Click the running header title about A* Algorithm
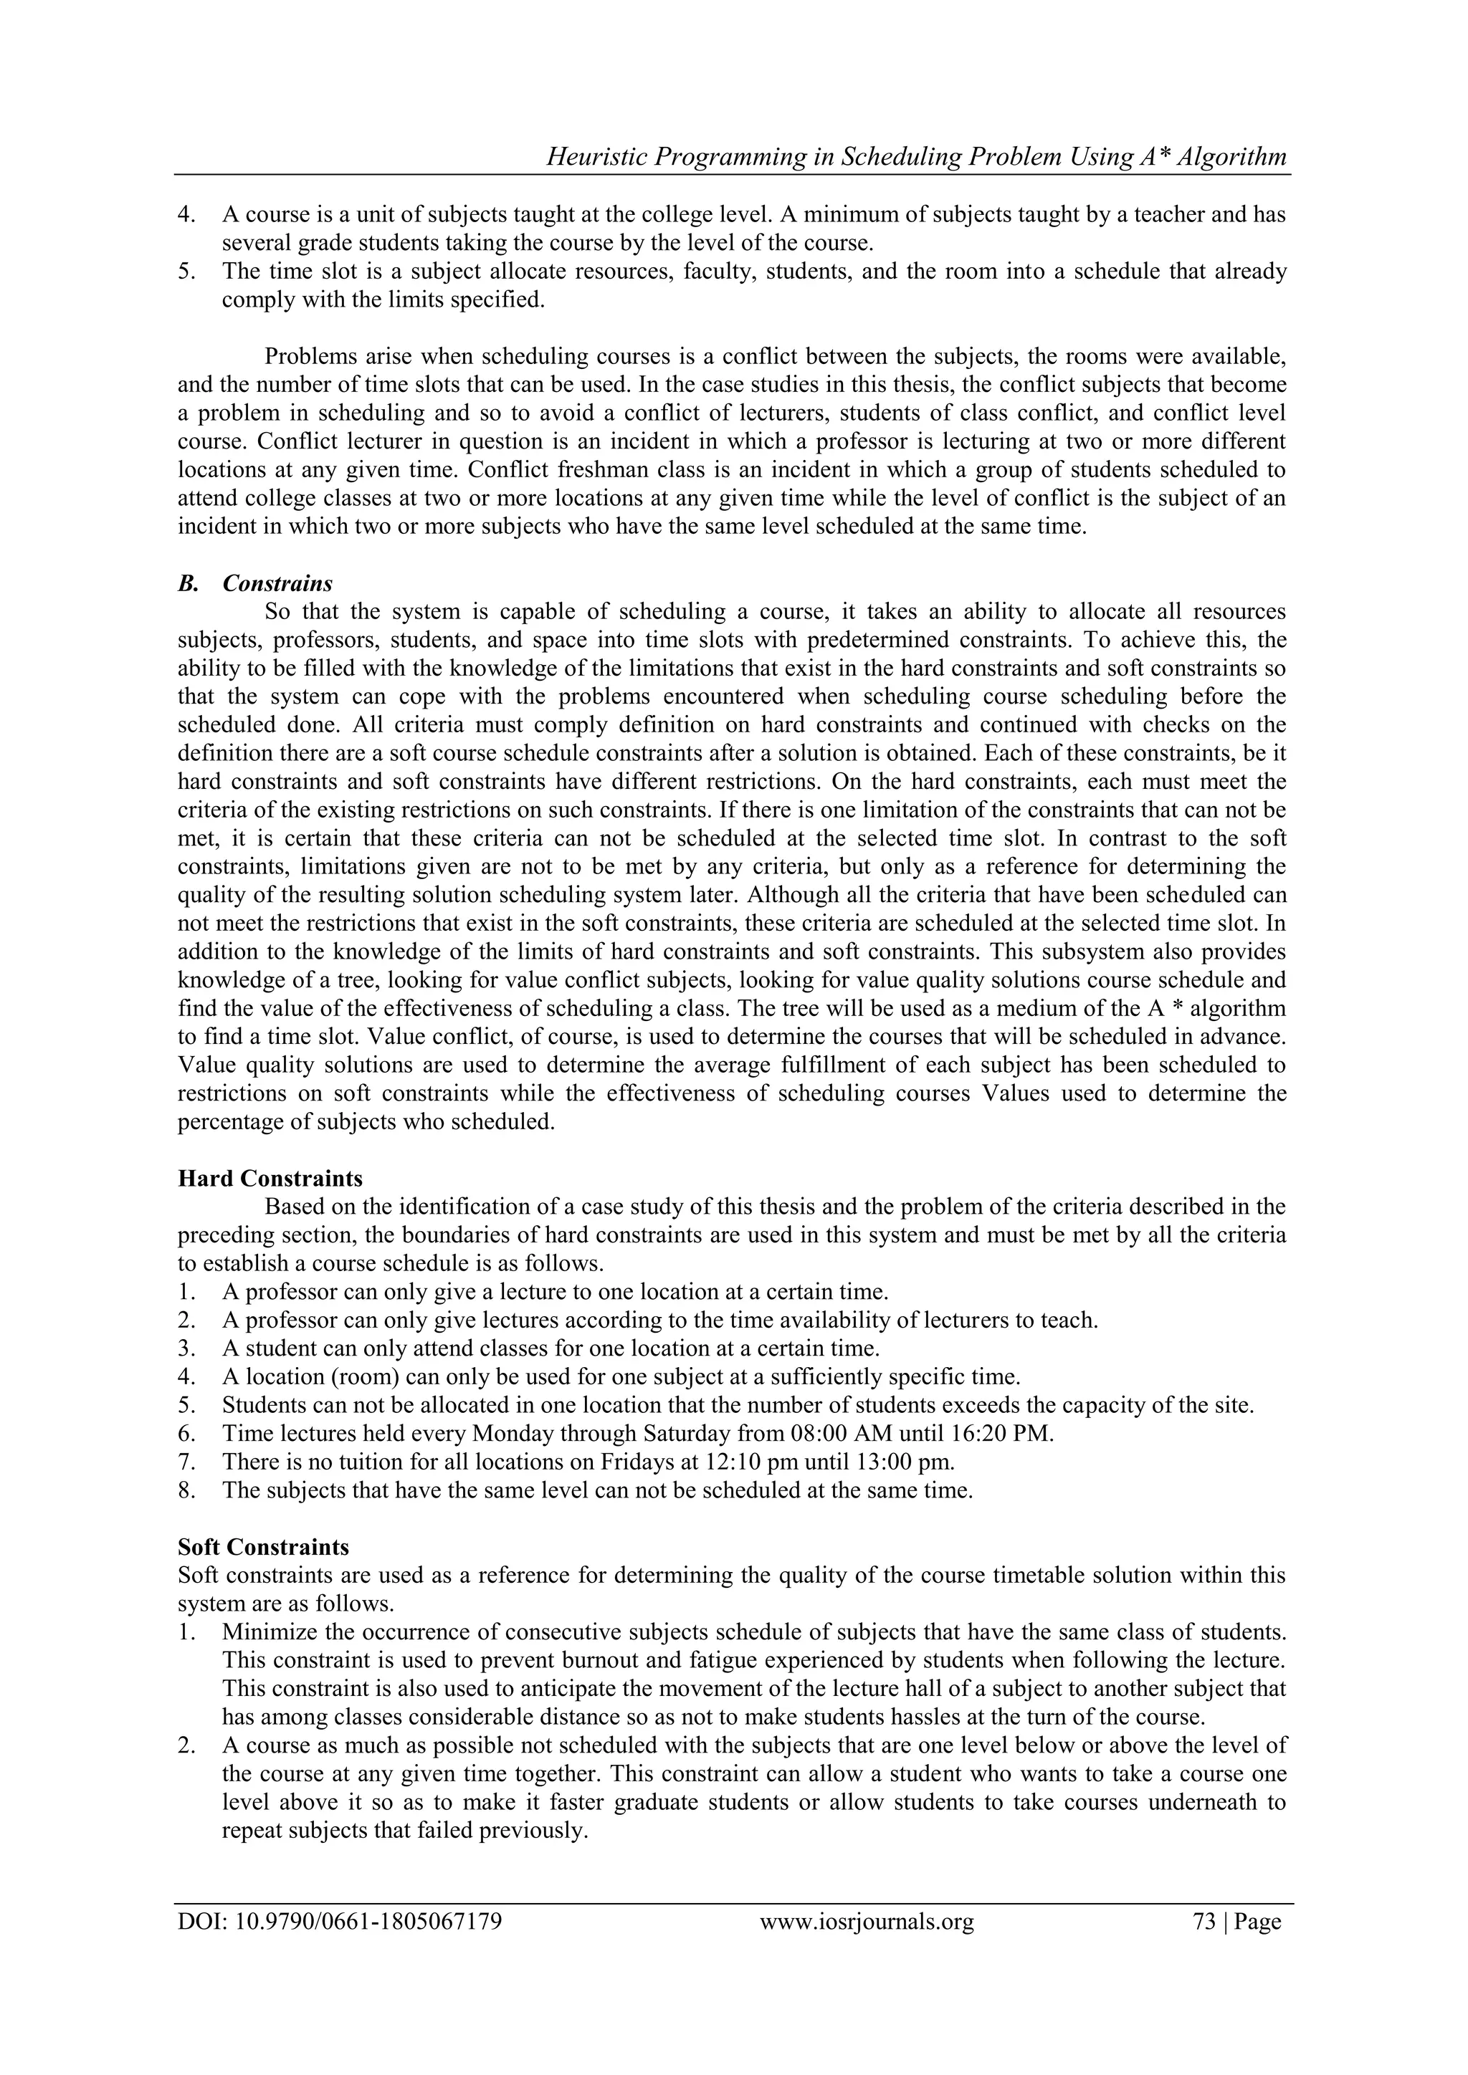click(x=917, y=157)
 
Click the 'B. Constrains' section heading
click(x=255, y=583)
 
